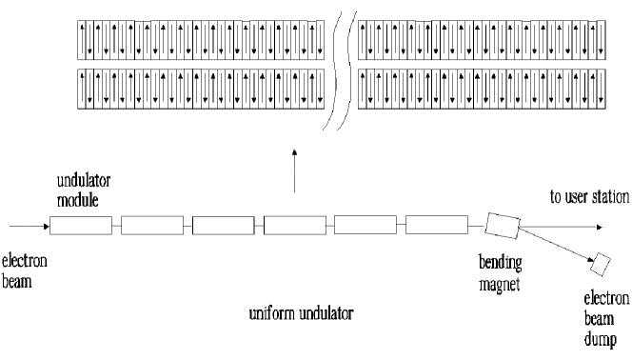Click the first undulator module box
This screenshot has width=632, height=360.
tap(80, 226)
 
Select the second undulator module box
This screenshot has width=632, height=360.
tap(151, 226)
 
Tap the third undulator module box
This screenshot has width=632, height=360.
tap(223, 226)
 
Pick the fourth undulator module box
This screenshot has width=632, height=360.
tap(294, 226)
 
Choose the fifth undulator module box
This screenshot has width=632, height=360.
tap(365, 226)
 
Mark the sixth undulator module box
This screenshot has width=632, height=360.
tap(436, 226)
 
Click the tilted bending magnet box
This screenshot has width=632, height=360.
tap(502, 225)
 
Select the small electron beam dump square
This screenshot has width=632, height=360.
tap(601, 260)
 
